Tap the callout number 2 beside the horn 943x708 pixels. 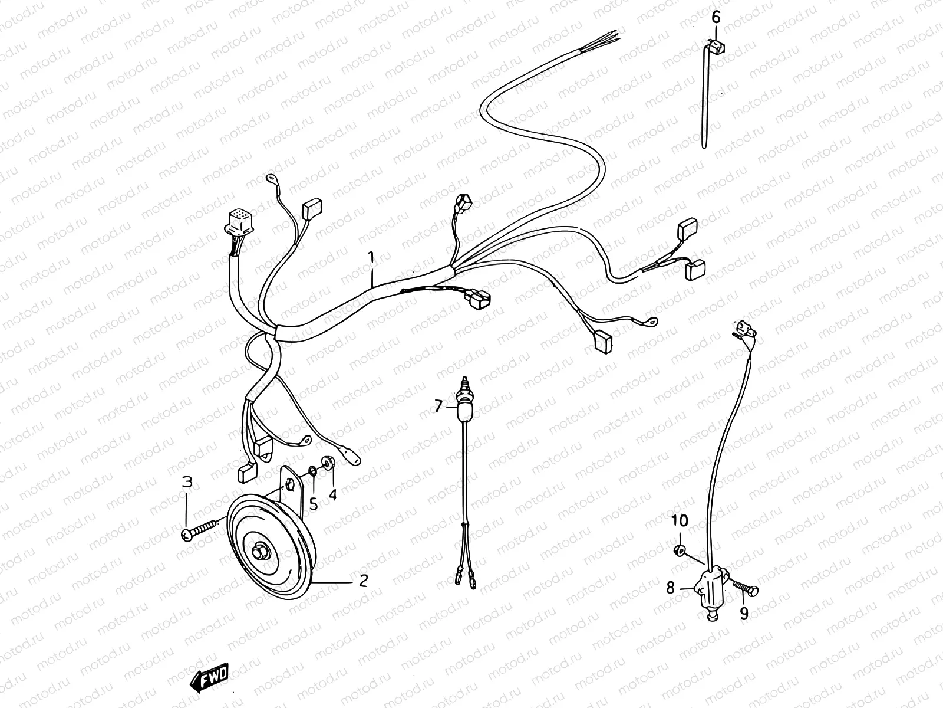[x=363, y=581]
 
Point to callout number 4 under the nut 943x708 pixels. [x=332, y=495]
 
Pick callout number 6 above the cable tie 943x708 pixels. [x=716, y=17]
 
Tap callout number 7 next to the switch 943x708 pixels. [x=438, y=405]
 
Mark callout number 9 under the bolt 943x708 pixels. [x=744, y=614]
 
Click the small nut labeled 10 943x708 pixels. [x=680, y=551]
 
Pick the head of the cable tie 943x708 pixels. [x=715, y=45]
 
